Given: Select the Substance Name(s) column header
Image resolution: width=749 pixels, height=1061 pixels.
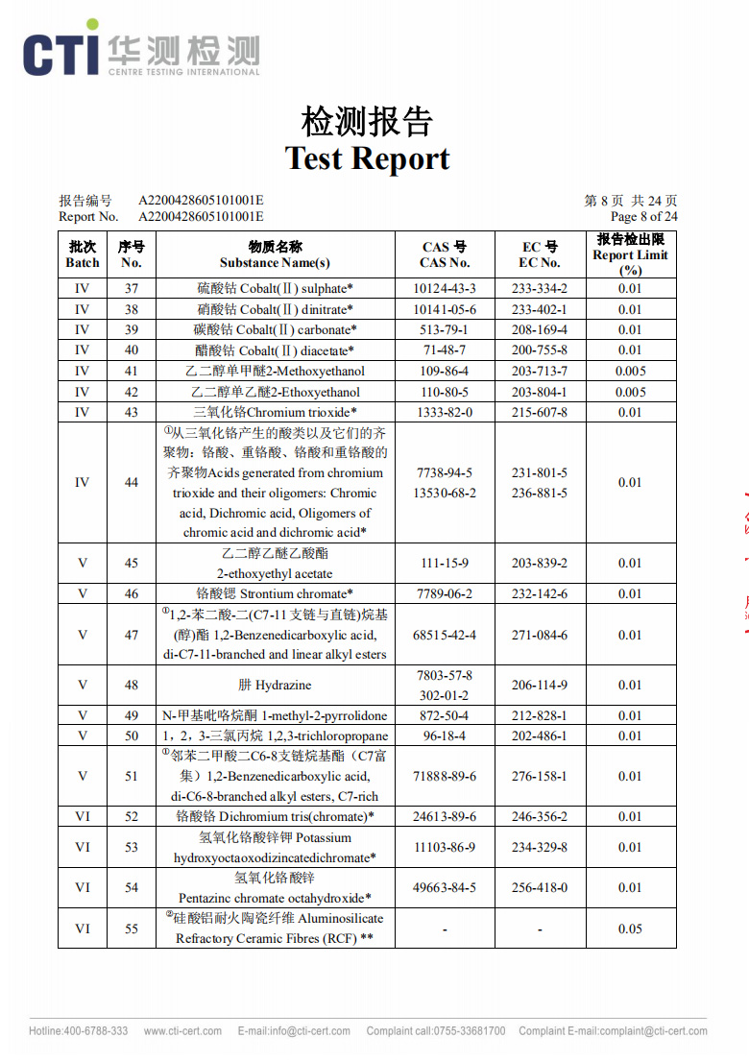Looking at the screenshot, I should pos(275,254).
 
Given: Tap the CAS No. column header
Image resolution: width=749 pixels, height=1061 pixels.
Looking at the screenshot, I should pos(445,254).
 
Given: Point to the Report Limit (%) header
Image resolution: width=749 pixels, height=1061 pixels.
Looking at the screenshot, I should pos(630,254).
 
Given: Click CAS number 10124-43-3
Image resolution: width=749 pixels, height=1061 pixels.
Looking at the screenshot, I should pos(445,288).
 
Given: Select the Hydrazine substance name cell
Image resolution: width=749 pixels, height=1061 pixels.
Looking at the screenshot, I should pos(275,685).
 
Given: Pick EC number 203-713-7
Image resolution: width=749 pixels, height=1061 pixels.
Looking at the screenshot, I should pos(539,371).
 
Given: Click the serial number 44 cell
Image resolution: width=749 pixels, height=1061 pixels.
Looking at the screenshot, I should pos(132,482).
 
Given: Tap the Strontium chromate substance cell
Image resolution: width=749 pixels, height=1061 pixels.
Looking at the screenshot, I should pos(275,593).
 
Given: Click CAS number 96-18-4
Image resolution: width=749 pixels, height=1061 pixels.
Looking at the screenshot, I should pos(445,735).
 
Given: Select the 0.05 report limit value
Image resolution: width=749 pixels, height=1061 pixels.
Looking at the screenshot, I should pos(630,928).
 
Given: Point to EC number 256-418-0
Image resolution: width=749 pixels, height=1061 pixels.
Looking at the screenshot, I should pos(539,887).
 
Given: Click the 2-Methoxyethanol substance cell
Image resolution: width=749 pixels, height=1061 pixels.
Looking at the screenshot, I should pos(275,371).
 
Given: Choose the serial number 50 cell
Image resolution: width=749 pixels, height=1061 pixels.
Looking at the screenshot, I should pos(132,735).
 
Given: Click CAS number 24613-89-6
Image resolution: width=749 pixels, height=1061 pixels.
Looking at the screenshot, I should pos(445,816).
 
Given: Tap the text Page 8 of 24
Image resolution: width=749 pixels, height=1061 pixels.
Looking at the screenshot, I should pos(643,216).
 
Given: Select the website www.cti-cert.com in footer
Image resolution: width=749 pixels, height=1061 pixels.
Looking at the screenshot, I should pos(180,1031).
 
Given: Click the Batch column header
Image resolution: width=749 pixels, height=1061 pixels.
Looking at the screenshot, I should pos(83,254).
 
